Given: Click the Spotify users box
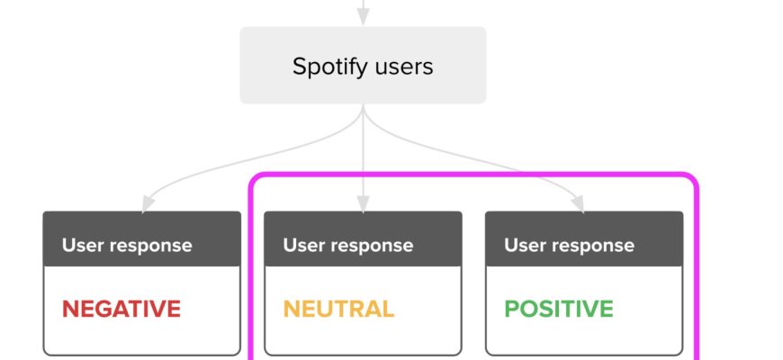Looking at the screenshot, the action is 363,66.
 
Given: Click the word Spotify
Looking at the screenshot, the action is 330,67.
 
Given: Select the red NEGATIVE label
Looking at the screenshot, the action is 121,309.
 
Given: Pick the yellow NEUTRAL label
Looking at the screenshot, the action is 338,309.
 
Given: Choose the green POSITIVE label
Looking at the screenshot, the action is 559,309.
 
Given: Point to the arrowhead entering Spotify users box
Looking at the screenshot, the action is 363,16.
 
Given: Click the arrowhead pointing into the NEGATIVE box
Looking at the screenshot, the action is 148,203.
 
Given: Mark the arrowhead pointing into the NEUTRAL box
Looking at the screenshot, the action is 363,203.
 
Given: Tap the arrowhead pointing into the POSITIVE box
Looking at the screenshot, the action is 579,203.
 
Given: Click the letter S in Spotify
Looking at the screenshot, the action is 299,67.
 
